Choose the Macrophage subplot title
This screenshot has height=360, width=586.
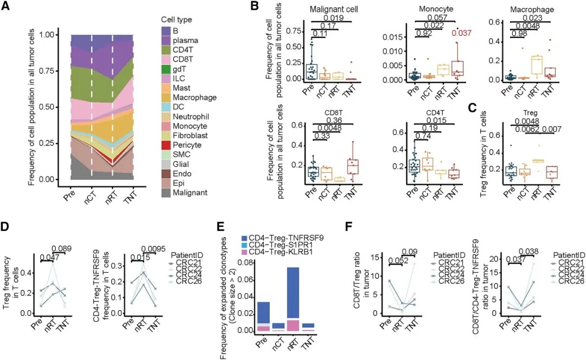tap(528, 10)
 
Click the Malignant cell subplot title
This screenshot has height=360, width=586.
tap(333, 10)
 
